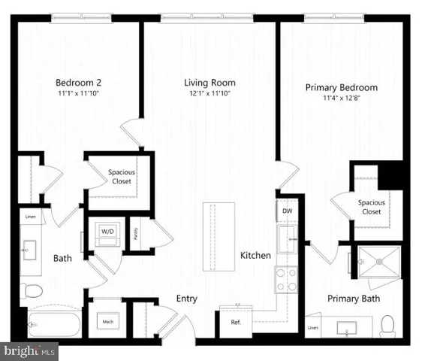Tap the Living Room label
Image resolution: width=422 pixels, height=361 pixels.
(210, 83)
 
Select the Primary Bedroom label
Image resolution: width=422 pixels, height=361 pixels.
(341, 87)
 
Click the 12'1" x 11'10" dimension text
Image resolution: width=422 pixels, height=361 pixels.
(210, 93)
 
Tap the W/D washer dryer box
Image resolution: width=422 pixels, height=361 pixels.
(107, 232)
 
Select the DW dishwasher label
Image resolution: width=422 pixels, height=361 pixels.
(287, 211)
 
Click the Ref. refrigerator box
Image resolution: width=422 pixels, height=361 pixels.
(234, 321)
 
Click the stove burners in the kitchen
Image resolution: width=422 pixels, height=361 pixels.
(286, 280)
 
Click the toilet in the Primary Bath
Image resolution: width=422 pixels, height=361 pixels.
(387, 324)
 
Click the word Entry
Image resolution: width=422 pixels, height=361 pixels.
(186, 299)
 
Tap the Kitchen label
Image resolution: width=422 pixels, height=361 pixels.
(255, 256)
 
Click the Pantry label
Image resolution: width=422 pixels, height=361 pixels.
(136, 233)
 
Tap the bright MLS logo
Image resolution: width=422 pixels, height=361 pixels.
(29, 350)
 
